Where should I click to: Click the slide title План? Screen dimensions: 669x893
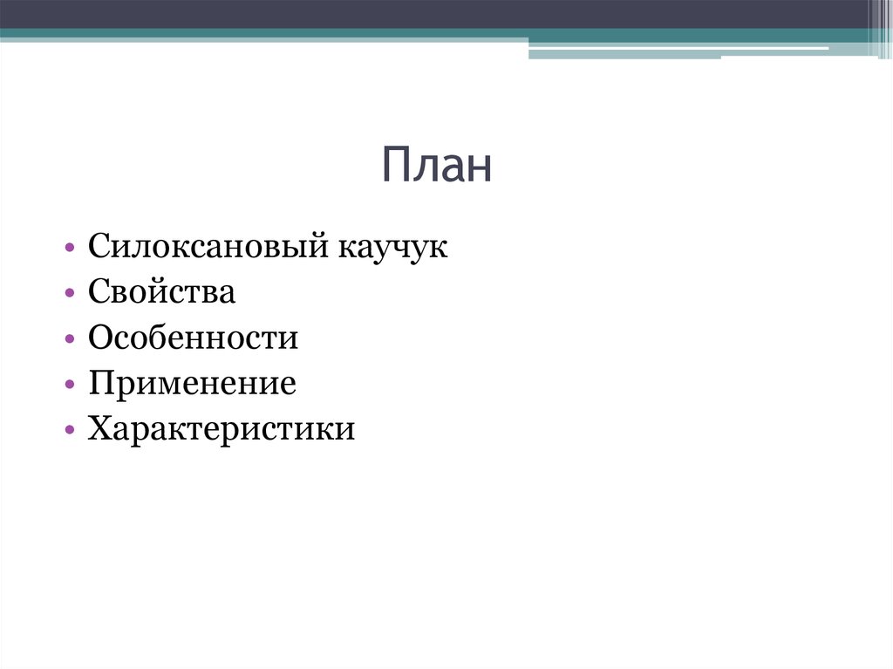(436, 167)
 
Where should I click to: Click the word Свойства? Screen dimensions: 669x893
(161, 292)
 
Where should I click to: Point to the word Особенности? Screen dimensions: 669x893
(193, 338)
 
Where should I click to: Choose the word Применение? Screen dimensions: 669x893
(192, 384)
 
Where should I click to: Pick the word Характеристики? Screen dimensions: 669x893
(222, 429)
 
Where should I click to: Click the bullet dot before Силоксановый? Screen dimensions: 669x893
(69, 249)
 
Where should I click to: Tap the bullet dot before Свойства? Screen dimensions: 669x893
(69, 294)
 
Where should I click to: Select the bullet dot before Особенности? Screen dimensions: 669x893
(69, 340)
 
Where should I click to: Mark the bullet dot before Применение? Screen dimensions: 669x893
(69, 386)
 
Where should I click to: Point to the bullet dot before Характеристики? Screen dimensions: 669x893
(69, 431)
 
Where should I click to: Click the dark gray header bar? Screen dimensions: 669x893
(436, 13)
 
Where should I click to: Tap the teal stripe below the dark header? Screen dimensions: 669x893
(262, 35)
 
